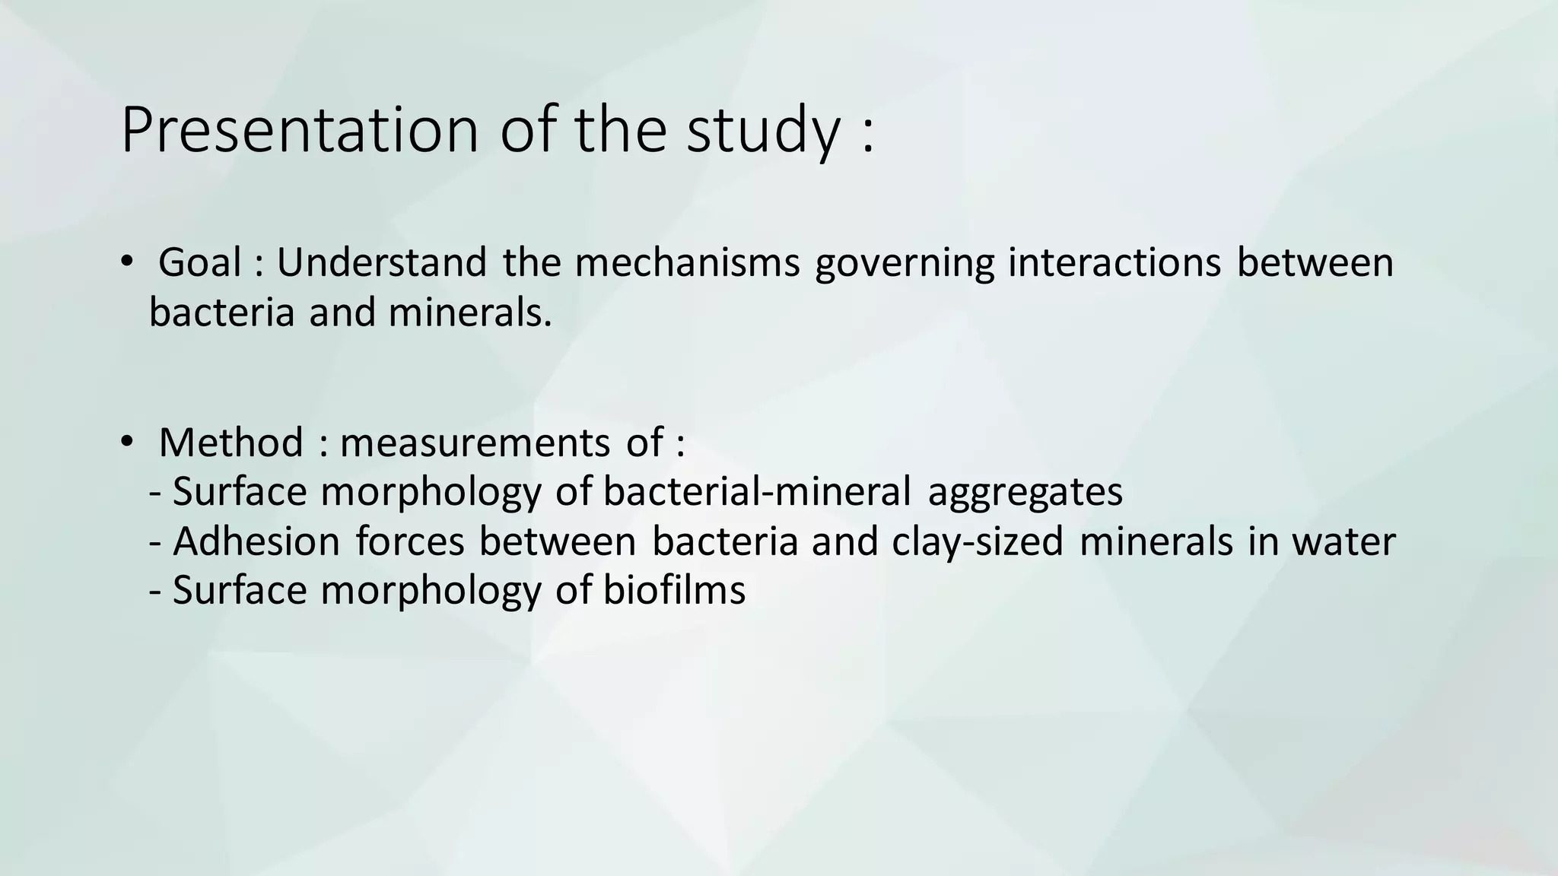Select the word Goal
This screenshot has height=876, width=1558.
point(200,262)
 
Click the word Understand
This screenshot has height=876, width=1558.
point(381,262)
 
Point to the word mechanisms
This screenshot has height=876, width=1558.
point(688,262)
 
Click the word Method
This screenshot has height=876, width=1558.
point(231,443)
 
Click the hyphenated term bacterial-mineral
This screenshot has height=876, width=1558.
point(757,491)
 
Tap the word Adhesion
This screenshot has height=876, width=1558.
point(256,541)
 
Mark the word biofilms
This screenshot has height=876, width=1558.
point(675,590)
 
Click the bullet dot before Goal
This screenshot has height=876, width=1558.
point(126,262)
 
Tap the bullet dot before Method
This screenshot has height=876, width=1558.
point(126,441)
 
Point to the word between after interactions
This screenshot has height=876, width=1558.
point(1315,262)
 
